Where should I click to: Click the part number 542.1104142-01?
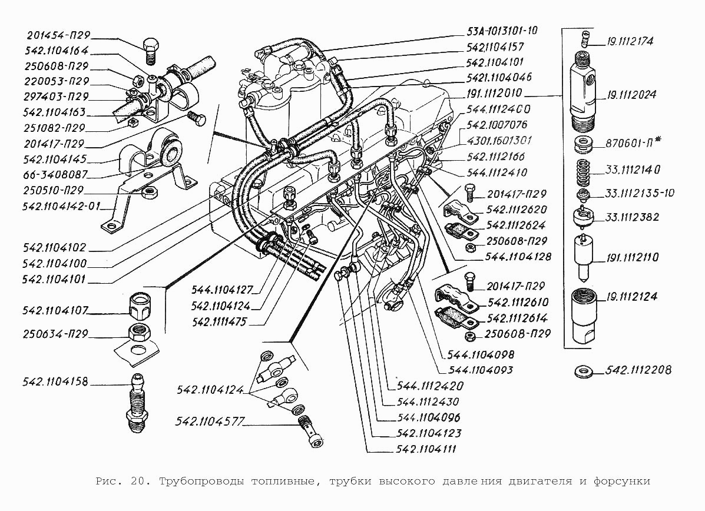pyautogui.click(x=62, y=206)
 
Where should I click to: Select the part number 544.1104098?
pyautogui.click(x=481, y=354)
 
